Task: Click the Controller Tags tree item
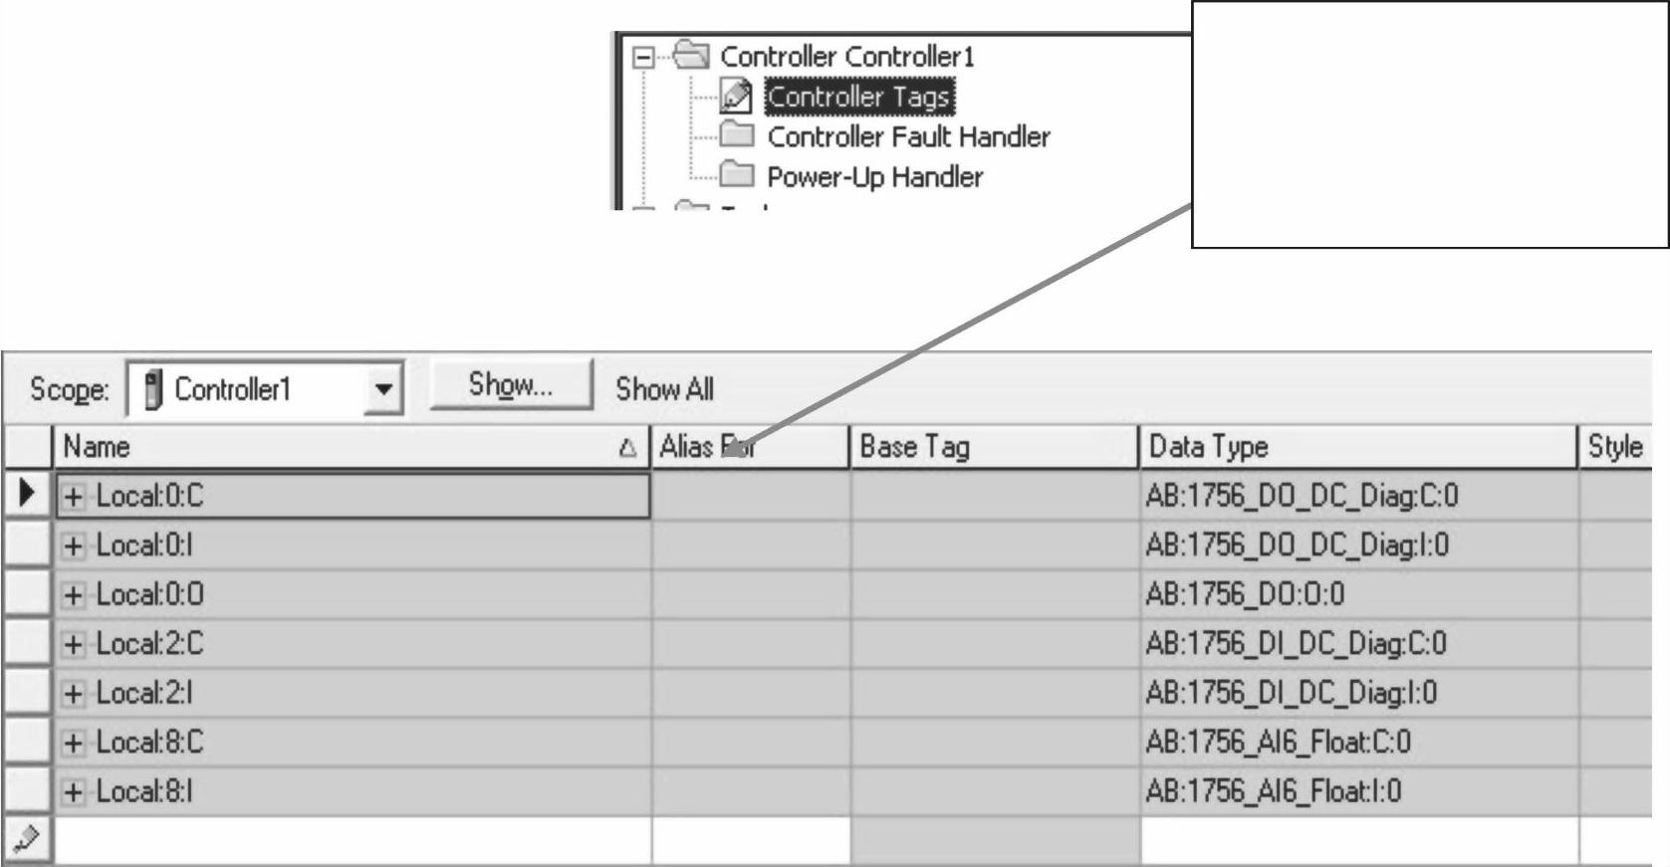pyautogui.click(x=858, y=97)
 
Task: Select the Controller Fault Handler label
pyautogui.click(x=908, y=136)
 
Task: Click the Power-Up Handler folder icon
pyautogui.click(x=737, y=175)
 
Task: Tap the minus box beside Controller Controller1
pyautogui.click(x=643, y=57)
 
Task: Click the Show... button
pyautogui.click(x=511, y=385)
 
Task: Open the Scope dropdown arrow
pyautogui.click(x=383, y=389)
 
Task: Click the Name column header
pyautogui.click(x=97, y=447)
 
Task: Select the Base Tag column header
pyautogui.click(x=914, y=447)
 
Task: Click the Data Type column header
pyautogui.click(x=1208, y=447)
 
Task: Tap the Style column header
pyautogui.click(x=1614, y=447)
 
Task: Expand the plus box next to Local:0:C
pyautogui.click(x=73, y=496)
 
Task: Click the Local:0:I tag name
pyautogui.click(x=144, y=545)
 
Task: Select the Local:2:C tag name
pyautogui.click(x=149, y=644)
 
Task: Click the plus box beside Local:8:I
pyautogui.click(x=73, y=792)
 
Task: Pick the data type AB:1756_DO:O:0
pyautogui.click(x=1245, y=594)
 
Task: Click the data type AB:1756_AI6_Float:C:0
pyautogui.click(x=1278, y=743)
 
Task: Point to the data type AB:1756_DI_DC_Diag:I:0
pyautogui.click(x=1291, y=693)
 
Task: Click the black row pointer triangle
pyautogui.click(x=27, y=493)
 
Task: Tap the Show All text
pyautogui.click(x=664, y=389)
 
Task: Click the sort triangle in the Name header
pyautogui.click(x=627, y=448)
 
